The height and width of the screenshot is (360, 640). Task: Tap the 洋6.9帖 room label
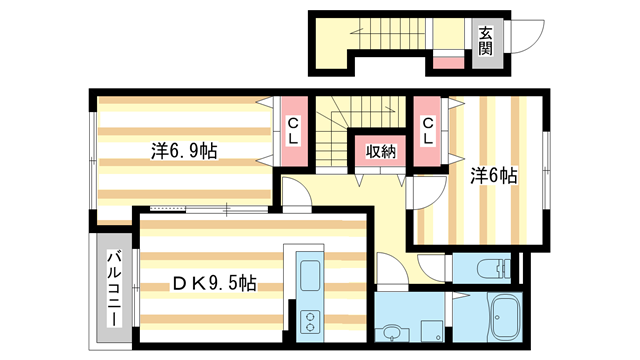click(x=185, y=152)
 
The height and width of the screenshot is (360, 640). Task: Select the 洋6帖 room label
click(x=494, y=175)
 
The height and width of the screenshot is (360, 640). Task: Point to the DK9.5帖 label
click(x=214, y=283)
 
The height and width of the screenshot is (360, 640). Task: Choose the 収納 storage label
click(x=380, y=152)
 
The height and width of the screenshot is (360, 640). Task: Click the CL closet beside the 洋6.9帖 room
click(x=294, y=131)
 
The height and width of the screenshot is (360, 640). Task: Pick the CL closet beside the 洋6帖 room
click(x=428, y=131)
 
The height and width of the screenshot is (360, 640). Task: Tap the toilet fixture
click(x=496, y=268)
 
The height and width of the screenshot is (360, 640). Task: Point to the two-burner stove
click(x=308, y=322)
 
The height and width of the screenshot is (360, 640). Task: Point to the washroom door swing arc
click(x=397, y=272)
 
